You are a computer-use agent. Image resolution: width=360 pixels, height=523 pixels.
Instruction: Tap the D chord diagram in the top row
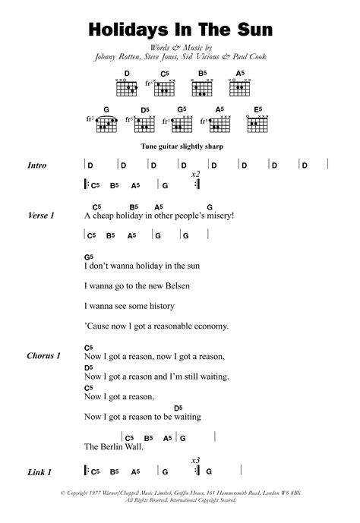pyautogui.click(x=128, y=86)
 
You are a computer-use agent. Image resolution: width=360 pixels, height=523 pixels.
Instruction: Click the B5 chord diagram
pyautogui.click(x=203, y=86)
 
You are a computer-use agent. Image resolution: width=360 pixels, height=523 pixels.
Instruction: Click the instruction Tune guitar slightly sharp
pyautogui.click(x=180, y=146)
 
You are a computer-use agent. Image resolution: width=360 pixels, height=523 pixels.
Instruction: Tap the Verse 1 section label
pyautogui.click(x=41, y=216)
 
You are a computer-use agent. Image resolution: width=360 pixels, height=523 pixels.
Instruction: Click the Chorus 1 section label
pyautogui.click(x=43, y=355)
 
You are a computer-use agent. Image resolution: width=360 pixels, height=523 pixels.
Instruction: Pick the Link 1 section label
pyautogui.click(x=39, y=472)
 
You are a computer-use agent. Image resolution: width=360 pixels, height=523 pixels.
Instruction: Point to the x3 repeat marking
pyautogui.click(x=195, y=460)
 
